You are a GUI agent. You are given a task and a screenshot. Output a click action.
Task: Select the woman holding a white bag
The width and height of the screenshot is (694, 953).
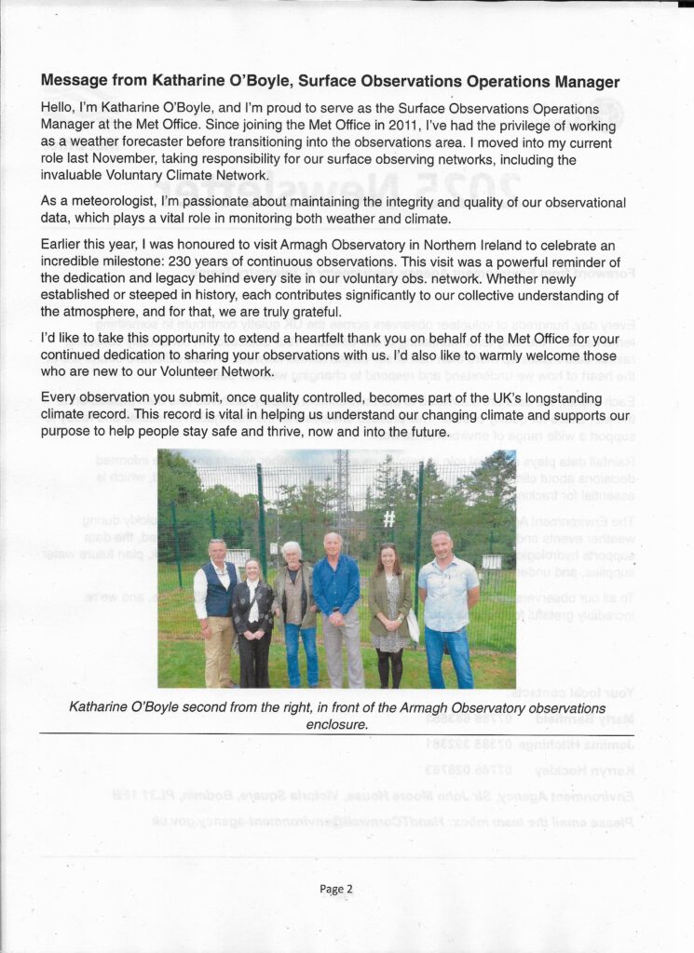pos(389,610)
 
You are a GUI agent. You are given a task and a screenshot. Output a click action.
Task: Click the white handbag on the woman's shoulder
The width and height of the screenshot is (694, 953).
pos(413,625)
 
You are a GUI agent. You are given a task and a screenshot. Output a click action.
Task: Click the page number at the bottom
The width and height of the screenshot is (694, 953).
pos(336,889)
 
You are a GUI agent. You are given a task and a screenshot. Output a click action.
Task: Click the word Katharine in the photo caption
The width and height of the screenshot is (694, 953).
pos(106,707)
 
